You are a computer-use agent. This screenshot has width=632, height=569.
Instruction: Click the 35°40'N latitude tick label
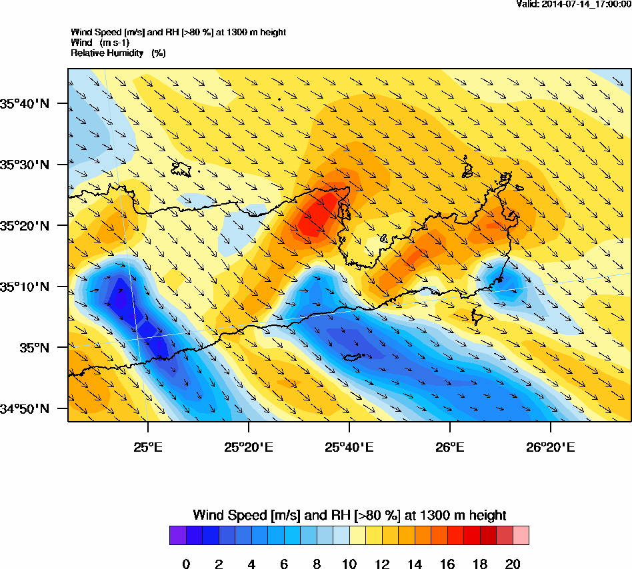(25, 103)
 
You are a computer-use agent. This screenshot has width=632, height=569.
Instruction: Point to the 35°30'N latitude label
(25, 165)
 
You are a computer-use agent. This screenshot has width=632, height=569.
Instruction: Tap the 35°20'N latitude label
(25, 226)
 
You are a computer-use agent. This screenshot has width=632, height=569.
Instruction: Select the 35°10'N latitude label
(25, 287)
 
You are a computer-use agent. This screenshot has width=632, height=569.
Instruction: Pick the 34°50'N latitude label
(25, 409)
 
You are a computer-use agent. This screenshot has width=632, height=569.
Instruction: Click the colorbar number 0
(186, 564)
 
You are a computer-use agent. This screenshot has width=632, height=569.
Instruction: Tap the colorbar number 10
(349, 564)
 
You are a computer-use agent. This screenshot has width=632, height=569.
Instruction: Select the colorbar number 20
(512, 564)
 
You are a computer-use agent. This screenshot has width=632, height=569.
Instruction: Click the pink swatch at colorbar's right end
(520, 536)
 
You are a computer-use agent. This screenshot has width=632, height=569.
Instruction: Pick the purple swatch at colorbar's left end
(177, 536)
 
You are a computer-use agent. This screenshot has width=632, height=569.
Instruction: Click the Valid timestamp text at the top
(573, 4)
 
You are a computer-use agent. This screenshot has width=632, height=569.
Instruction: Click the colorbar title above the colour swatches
(349, 515)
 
